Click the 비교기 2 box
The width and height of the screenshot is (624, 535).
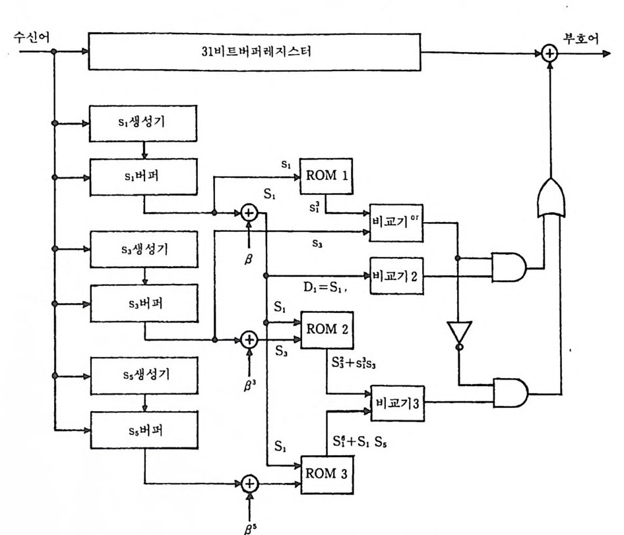click(x=394, y=275)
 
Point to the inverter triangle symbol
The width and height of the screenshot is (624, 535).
click(x=457, y=333)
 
